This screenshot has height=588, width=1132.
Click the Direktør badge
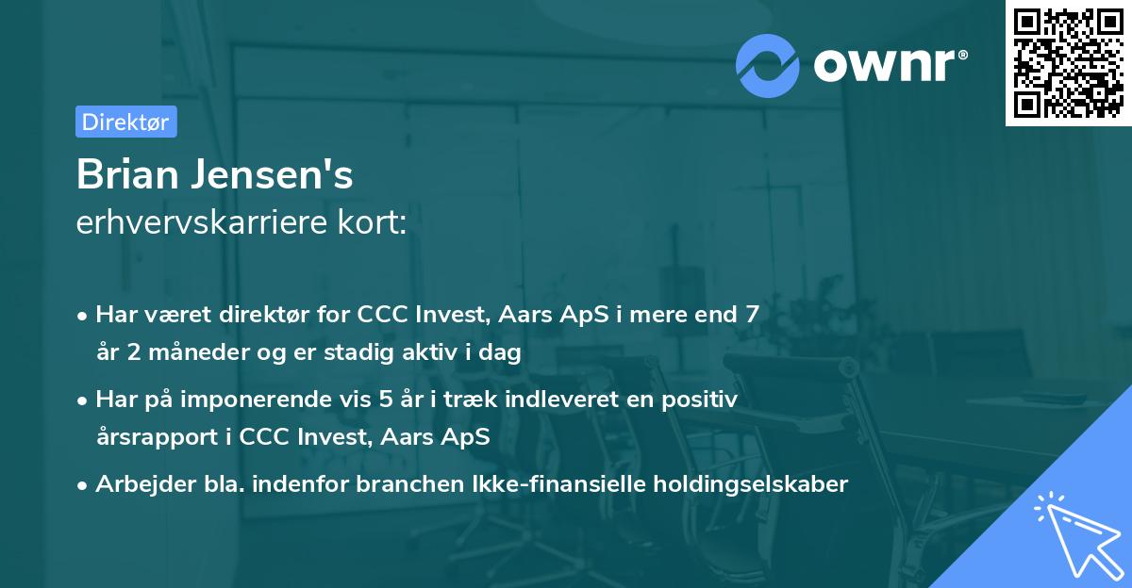click(125, 122)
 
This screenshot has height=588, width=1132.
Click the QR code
click(1067, 63)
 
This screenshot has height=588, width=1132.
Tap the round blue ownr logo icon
click(768, 64)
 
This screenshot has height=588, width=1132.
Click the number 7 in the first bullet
click(751, 315)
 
